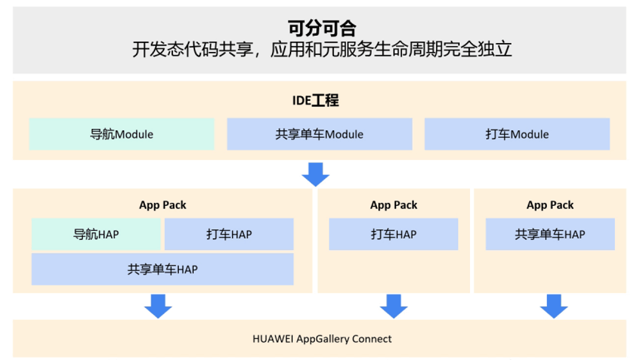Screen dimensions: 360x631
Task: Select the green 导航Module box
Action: click(122, 134)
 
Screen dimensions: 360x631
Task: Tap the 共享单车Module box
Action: click(319, 134)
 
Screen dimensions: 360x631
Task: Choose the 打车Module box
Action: click(517, 134)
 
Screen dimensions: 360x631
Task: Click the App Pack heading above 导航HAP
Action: click(163, 205)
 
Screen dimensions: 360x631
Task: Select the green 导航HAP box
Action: click(96, 234)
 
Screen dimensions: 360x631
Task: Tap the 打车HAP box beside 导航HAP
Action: click(229, 234)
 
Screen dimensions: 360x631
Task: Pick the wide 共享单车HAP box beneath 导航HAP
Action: click(162, 270)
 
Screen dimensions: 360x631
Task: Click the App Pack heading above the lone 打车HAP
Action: click(394, 205)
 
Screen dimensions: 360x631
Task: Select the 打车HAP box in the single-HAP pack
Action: click(393, 234)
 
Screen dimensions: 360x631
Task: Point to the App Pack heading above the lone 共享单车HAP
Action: click(550, 205)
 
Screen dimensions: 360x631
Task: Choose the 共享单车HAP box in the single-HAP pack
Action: click(550, 234)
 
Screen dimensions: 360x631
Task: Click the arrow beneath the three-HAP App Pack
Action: click(158, 306)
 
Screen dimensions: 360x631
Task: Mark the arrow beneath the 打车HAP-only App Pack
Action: click(394, 306)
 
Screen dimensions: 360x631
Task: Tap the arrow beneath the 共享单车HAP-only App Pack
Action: click(553, 306)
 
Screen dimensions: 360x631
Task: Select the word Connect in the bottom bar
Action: click(371, 339)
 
